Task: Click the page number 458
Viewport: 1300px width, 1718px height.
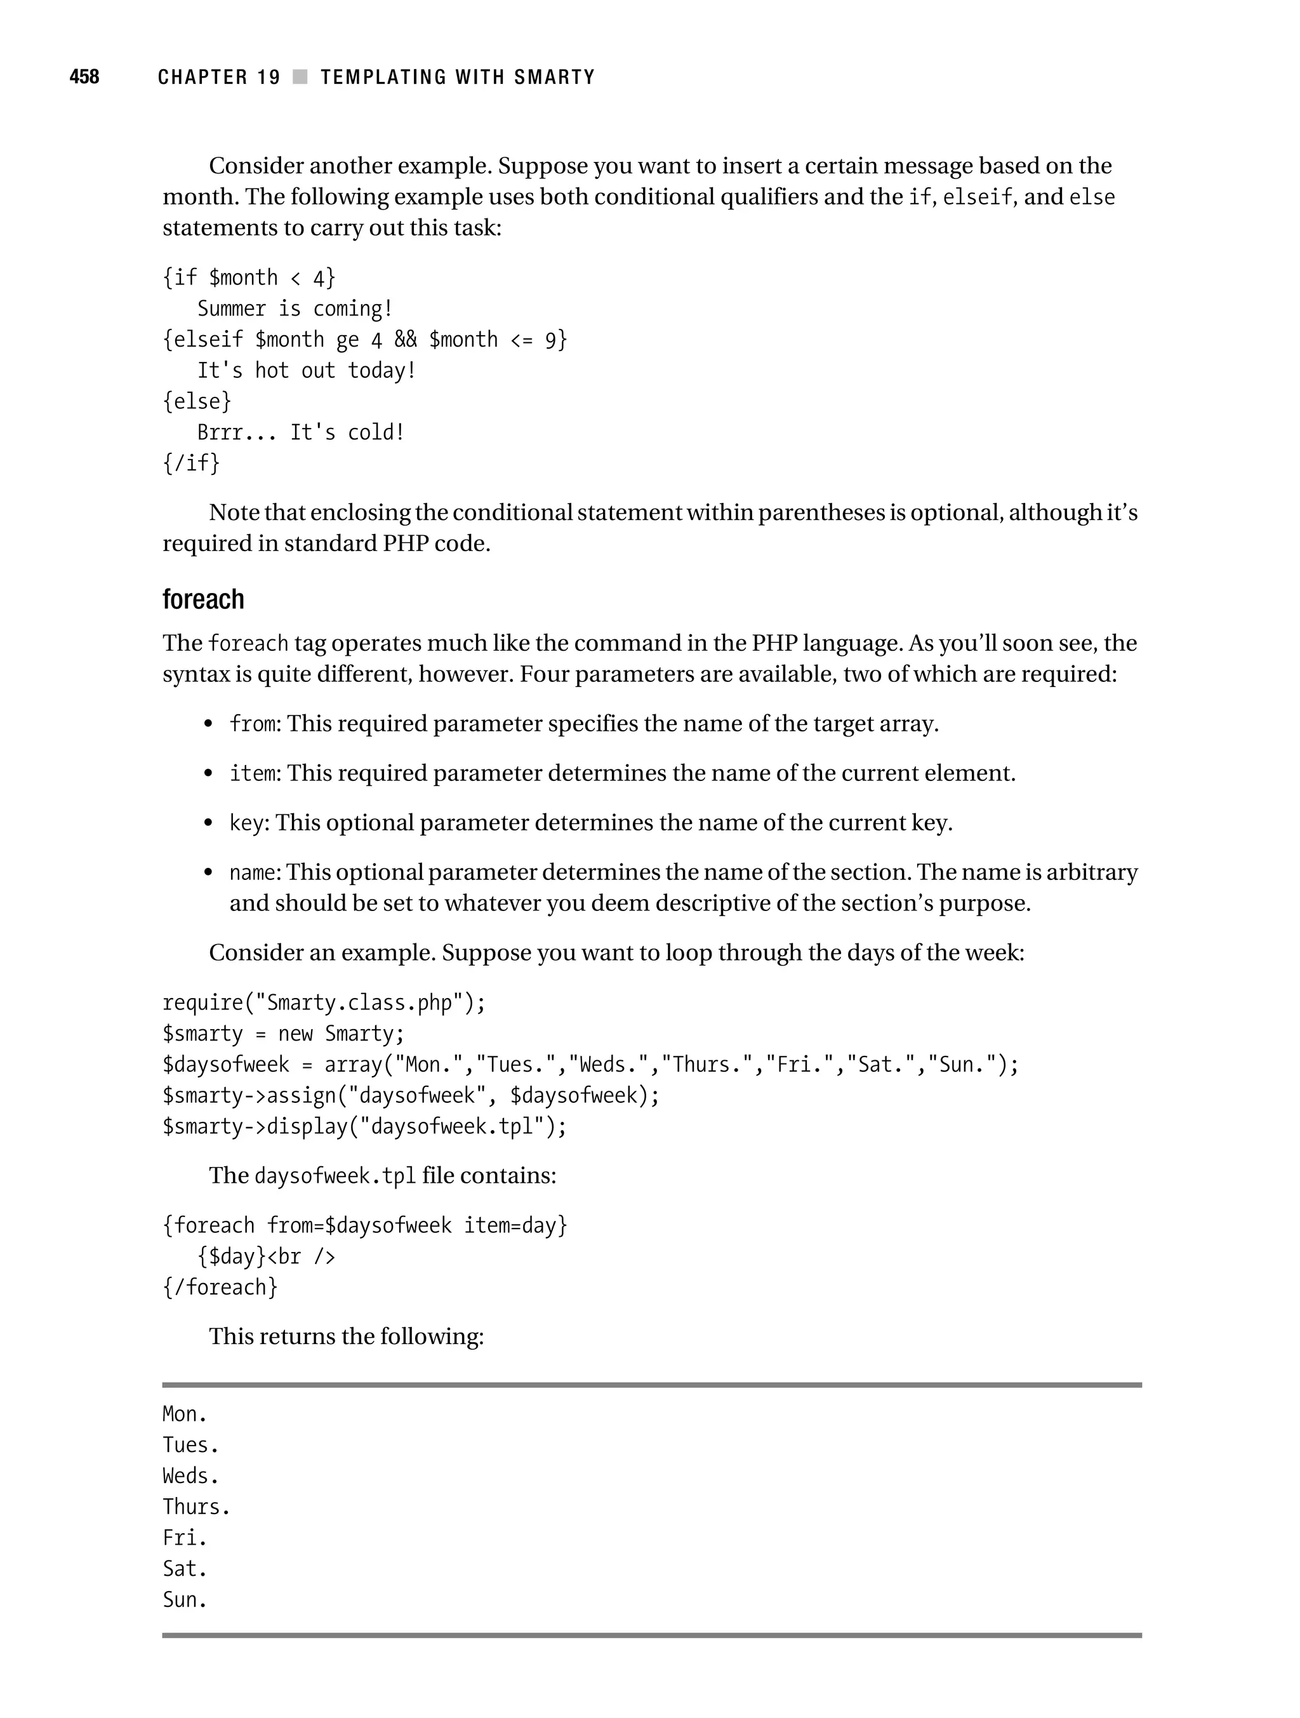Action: tap(84, 77)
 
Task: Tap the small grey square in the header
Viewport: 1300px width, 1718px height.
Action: tap(300, 77)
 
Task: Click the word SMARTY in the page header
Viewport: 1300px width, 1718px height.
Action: tap(555, 77)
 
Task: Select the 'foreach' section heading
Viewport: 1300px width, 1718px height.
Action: tap(204, 599)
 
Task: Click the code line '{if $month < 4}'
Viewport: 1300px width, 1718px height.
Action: tap(248, 278)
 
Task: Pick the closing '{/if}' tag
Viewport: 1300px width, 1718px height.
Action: tap(191, 463)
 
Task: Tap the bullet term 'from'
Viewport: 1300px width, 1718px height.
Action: tap(253, 724)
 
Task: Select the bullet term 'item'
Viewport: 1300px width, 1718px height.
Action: tap(253, 773)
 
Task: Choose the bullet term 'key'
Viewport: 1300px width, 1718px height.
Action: tap(246, 823)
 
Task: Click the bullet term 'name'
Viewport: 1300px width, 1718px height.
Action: tap(253, 873)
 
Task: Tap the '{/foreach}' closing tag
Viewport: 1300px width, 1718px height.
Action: tap(220, 1288)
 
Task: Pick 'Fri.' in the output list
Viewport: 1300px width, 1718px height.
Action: tap(185, 1538)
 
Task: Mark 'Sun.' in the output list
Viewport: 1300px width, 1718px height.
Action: tap(185, 1601)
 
